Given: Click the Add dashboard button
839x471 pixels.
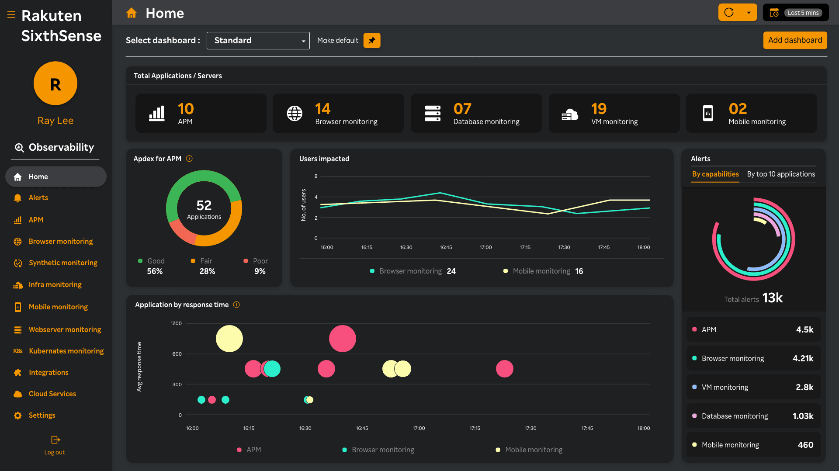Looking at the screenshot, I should [795, 40].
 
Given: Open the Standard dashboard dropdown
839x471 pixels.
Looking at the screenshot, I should [258, 41].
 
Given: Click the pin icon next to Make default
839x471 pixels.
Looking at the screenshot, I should [372, 41].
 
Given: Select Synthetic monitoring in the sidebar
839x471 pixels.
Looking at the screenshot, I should [63, 263].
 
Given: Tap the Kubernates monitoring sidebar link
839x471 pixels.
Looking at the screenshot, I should [66, 351].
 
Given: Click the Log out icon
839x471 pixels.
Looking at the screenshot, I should [55, 440].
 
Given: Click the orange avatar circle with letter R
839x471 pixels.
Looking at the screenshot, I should [55, 83].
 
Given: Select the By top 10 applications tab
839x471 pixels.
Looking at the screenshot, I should [781, 174].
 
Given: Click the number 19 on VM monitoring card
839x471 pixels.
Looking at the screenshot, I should [599, 108].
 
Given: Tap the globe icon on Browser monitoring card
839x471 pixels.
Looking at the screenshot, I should [295, 113].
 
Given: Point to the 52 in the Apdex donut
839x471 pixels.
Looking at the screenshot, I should [204, 205].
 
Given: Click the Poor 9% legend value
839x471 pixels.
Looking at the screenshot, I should [260, 271].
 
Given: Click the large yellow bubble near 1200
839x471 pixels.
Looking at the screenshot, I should [229, 339].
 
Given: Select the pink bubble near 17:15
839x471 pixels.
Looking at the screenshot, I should [505, 369].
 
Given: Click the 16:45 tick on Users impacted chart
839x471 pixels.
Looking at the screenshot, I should [446, 247].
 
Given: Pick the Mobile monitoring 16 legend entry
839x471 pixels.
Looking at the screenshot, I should [543, 271].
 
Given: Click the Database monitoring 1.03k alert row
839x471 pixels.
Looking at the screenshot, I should [753, 416].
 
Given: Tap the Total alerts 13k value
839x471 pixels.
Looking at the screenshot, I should [772, 298].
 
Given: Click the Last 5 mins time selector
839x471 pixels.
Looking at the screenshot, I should [796, 13].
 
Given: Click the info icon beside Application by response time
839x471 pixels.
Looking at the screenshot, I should [236, 305].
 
